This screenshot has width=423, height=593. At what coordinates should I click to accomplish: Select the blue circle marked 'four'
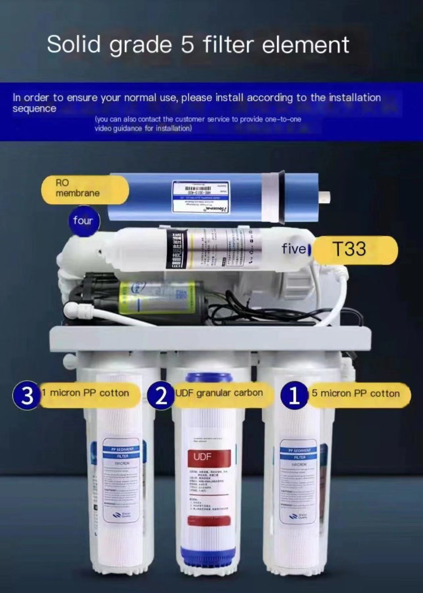click(83, 221)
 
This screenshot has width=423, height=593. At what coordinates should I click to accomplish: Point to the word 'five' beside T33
click(294, 249)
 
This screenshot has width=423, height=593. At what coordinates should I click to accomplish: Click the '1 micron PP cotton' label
click(90, 393)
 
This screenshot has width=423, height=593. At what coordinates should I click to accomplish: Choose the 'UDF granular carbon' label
click(218, 393)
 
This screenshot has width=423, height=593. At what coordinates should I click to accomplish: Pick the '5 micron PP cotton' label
click(355, 393)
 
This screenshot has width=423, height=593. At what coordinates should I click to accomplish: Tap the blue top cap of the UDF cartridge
click(209, 377)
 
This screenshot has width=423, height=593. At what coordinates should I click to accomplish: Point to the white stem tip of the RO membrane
click(324, 196)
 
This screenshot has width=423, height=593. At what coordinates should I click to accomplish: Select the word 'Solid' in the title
click(74, 44)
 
